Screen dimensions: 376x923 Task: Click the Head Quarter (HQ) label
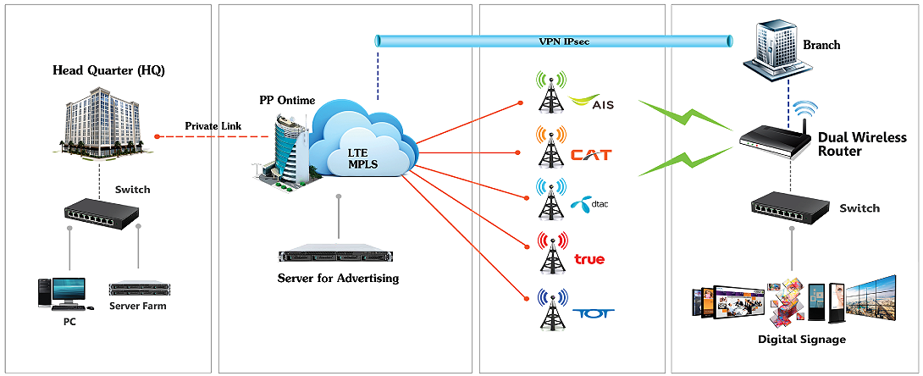coord(108,70)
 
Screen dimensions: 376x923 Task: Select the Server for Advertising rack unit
coord(338,257)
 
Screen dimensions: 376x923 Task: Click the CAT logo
coord(590,155)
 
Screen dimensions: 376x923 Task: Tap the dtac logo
coord(590,204)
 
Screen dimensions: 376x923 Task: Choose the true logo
coord(589,258)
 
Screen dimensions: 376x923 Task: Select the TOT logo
coord(593,312)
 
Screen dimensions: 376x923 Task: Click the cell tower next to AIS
coord(551,94)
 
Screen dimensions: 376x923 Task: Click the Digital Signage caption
coord(801,340)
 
